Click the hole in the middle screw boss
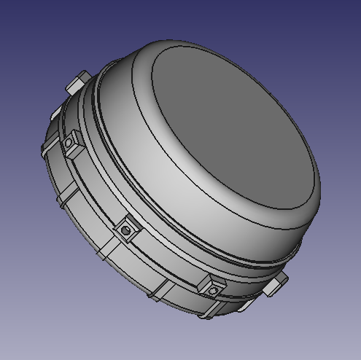pos(126,230)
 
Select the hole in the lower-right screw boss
pos(213,291)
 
